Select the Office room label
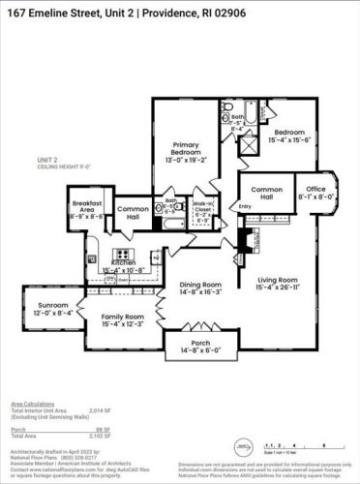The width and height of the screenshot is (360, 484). pos(316,190)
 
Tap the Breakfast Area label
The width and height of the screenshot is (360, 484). pos(87,208)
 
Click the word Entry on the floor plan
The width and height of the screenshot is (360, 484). pos(244,206)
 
